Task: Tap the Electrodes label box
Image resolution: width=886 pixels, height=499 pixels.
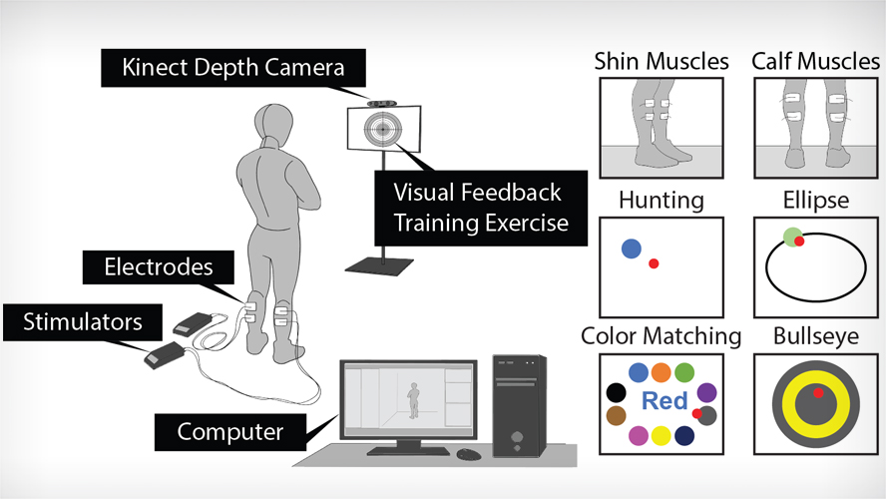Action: tap(159, 266)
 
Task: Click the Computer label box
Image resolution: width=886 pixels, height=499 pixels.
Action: tap(229, 432)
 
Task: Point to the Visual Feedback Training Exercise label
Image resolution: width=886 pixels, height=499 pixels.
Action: tap(477, 207)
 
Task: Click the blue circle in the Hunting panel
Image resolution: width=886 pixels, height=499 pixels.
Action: tap(631, 249)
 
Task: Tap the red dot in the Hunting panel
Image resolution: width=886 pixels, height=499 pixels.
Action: tap(654, 263)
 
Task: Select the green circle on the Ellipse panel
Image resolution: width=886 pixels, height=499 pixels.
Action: tap(792, 237)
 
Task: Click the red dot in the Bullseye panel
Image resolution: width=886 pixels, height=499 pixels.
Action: tap(817, 393)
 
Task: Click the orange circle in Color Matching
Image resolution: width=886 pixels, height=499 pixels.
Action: tap(661, 373)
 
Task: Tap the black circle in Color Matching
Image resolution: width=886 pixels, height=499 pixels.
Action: tap(617, 391)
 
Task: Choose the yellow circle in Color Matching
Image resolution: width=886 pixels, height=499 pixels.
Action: tap(661, 435)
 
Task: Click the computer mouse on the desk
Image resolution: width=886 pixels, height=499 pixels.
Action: tap(466, 454)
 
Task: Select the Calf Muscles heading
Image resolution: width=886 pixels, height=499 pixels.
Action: tap(816, 62)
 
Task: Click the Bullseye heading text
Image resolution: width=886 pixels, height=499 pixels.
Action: tap(815, 335)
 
